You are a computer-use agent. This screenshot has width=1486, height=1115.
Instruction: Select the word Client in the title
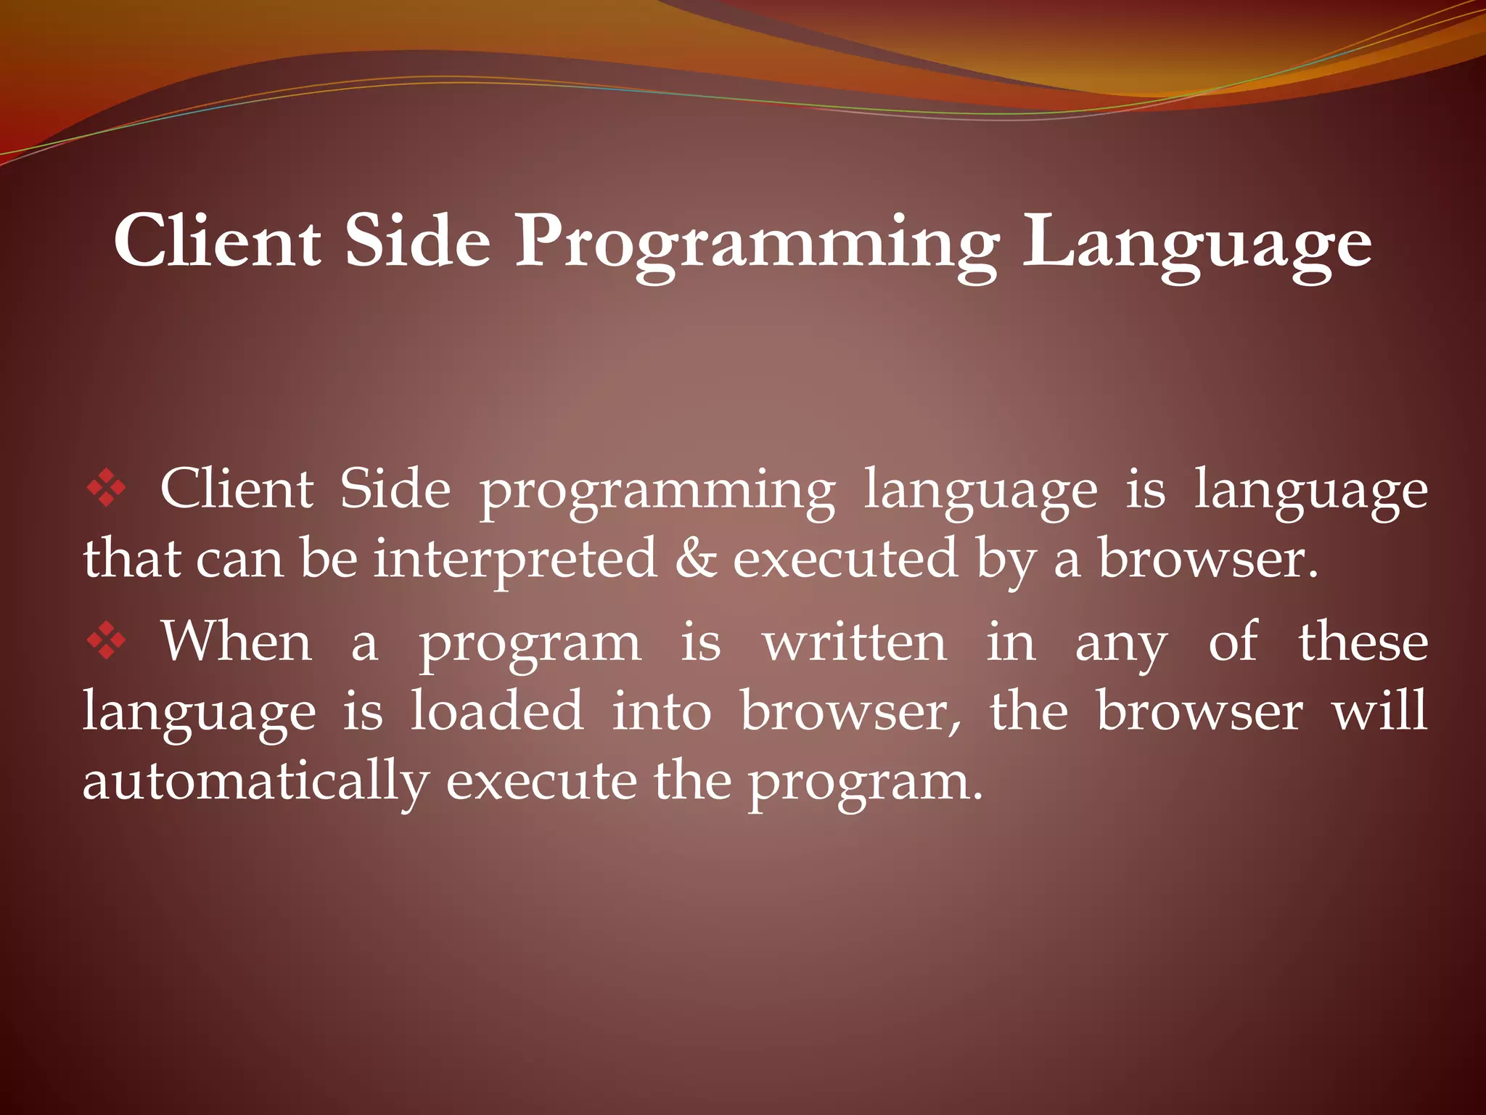click(217, 241)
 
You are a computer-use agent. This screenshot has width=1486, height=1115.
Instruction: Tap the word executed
click(845, 559)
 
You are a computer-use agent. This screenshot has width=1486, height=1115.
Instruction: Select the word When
click(237, 642)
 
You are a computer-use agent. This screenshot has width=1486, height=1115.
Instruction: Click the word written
click(855, 642)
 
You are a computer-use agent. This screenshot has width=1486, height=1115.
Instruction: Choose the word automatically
click(255, 783)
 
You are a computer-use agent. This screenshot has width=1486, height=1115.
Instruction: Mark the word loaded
click(497, 711)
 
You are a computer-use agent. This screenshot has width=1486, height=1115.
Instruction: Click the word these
click(1363, 642)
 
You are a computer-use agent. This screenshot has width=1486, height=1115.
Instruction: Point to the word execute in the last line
click(541, 783)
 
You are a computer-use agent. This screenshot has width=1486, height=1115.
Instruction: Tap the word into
click(661, 711)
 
